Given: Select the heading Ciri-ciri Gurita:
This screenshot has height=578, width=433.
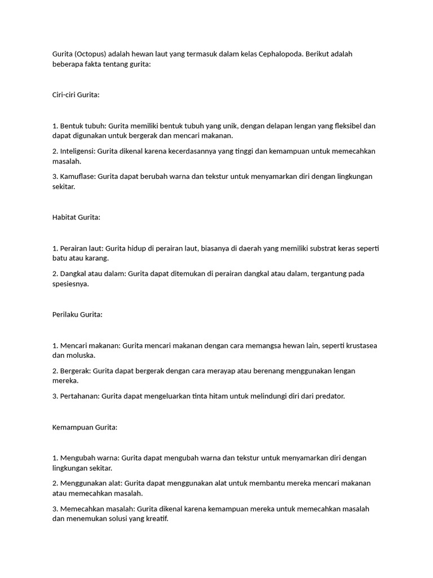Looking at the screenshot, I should tap(76, 95).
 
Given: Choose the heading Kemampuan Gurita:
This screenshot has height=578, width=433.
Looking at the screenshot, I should tap(85, 427).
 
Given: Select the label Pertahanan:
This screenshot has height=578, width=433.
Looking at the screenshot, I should tap(79, 396).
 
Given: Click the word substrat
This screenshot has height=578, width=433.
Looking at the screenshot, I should tap(306, 248).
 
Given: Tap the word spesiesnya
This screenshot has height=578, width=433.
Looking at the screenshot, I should tap(70, 284).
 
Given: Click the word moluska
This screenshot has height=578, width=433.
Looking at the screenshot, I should tap(82, 356).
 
